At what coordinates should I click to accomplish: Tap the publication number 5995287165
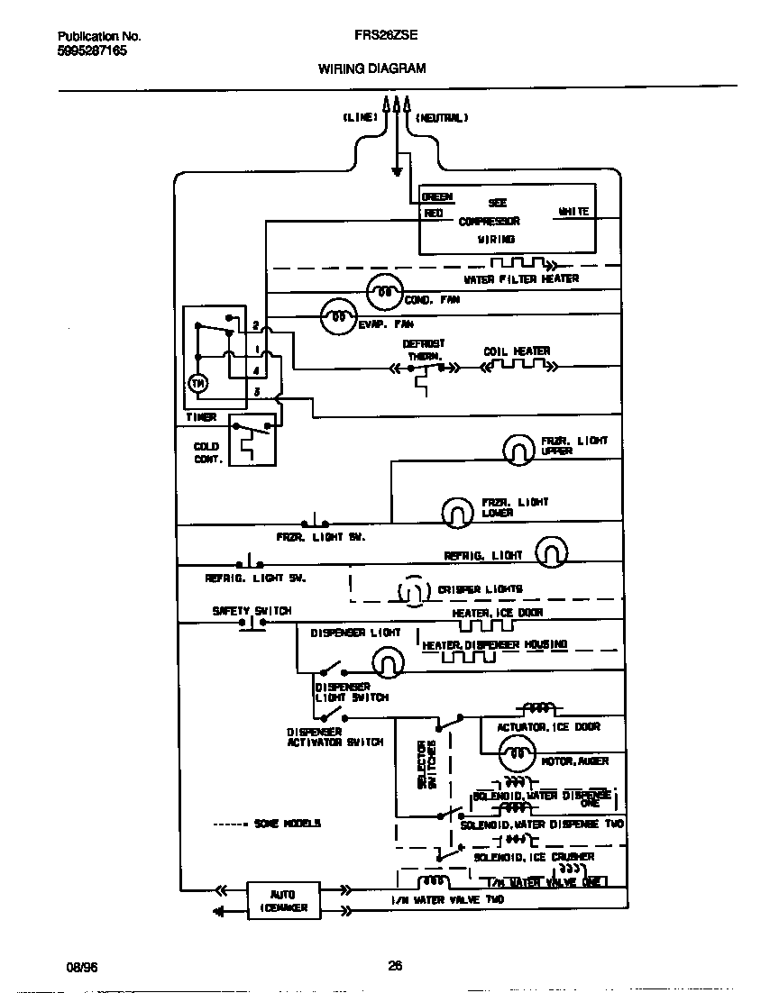[x=92, y=51]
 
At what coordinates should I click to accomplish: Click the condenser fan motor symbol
[x=383, y=292]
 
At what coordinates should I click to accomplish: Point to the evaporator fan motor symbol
[x=338, y=317]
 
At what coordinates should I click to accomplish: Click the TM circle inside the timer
[x=197, y=384]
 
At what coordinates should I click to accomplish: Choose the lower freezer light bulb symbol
[x=457, y=512]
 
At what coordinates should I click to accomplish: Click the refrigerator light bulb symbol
[x=552, y=552]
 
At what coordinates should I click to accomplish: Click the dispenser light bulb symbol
[x=387, y=664]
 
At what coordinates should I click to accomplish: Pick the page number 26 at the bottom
[x=395, y=966]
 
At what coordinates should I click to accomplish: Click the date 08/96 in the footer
[x=81, y=966]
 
